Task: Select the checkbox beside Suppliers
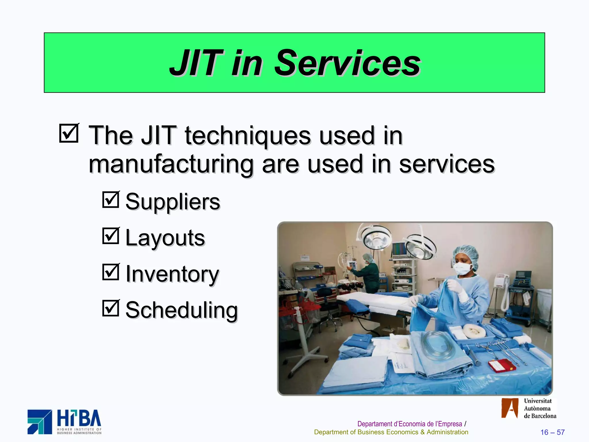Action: tap(111, 200)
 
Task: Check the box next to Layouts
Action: tap(111, 236)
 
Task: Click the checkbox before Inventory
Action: tap(111, 272)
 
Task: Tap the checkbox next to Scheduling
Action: tap(111, 308)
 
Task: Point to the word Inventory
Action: tap(173, 274)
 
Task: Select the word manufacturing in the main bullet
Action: tap(171, 164)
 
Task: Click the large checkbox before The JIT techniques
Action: tap(69, 133)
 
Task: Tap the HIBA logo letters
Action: tap(79, 418)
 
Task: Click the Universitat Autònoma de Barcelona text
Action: tap(540, 408)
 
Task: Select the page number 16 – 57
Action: tap(552, 432)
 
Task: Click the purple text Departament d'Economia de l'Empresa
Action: tap(410, 424)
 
